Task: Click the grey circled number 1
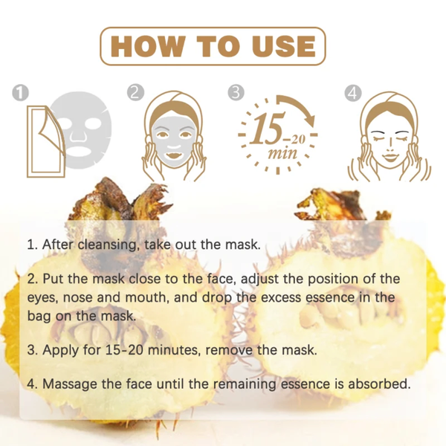(21, 93)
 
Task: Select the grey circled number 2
(135, 93)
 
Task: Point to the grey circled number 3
(236, 93)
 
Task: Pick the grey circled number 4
(353, 93)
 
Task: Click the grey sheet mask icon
(83, 129)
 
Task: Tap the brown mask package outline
(45, 141)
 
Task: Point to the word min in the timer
(282, 154)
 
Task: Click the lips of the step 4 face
(390, 157)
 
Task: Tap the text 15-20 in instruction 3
(123, 349)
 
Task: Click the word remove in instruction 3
(229, 350)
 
